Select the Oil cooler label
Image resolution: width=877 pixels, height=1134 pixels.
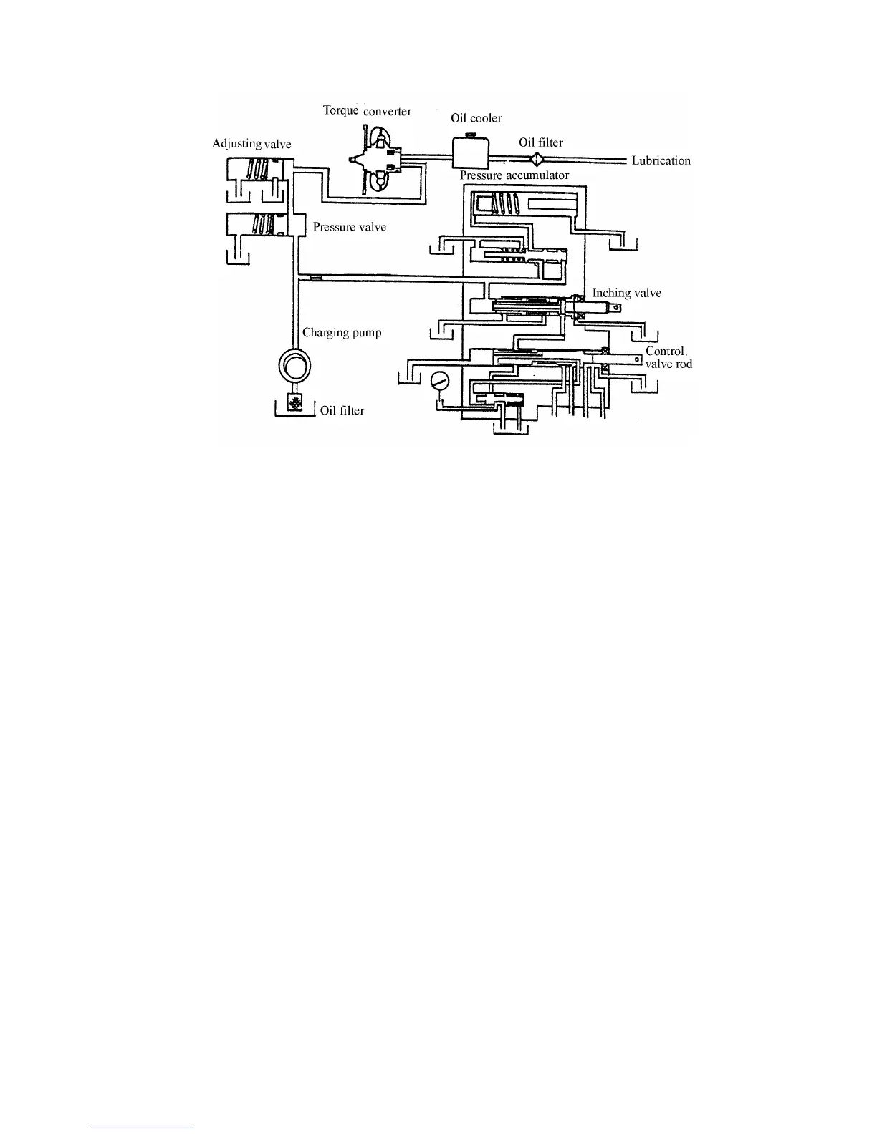point(476,118)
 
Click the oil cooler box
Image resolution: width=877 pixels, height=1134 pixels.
point(470,152)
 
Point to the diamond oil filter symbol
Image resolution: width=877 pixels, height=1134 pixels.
point(535,160)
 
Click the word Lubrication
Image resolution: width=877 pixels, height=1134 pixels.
point(661,160)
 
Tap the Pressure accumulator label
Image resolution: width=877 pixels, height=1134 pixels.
point(514,175)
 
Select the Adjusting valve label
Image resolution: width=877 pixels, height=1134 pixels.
point(251,144)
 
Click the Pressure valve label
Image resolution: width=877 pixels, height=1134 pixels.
point(350,227)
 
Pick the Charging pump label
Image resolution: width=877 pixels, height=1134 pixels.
point(342,332)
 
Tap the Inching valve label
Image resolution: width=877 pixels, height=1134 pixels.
point(626,293)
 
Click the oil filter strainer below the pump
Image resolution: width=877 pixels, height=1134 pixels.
point(294,404)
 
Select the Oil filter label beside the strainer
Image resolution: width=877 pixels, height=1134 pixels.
point(342,410)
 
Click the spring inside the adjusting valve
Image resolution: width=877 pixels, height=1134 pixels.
point(257,169)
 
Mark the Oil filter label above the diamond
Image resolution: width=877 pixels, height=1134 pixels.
point(541,142)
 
